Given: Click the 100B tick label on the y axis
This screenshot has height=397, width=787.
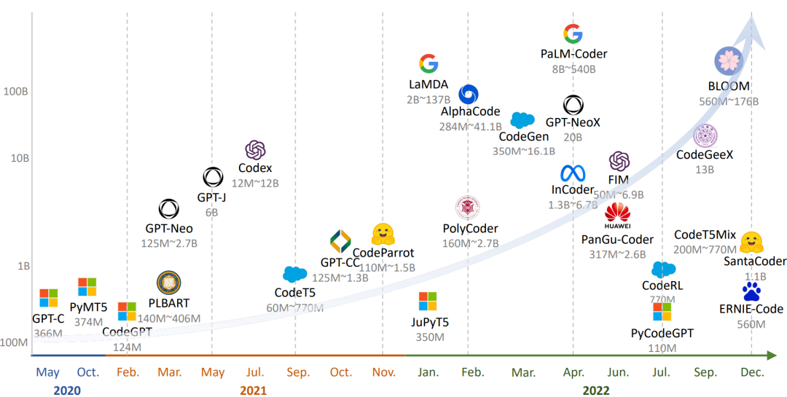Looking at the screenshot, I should [16, 92].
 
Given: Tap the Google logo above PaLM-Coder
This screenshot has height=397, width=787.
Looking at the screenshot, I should [573, 34].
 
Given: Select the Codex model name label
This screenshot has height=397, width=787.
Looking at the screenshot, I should [255, 168].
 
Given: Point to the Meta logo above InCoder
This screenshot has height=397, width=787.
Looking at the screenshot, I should [573, 173].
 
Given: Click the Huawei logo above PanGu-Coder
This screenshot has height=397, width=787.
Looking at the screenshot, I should [617, 213].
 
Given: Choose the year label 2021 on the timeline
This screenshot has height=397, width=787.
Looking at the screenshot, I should [253, 390].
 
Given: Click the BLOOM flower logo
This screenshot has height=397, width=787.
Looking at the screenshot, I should [728, 60].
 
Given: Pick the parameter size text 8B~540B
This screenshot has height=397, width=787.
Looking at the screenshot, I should [573, 69].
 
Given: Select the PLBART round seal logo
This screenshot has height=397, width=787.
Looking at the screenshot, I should [168, 283].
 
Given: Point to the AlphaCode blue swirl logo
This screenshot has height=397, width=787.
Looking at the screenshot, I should [469, 94].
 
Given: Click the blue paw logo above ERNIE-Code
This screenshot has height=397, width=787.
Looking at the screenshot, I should [751, 292].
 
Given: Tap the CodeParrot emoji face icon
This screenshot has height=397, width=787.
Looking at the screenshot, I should [383, 235].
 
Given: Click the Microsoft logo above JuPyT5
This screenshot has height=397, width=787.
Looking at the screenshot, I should [427, 302].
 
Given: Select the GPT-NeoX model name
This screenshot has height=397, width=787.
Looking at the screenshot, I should [573, 122].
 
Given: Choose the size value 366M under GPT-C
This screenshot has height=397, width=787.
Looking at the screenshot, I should [48, 334].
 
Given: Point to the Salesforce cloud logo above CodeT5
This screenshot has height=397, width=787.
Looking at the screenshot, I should [294, 275].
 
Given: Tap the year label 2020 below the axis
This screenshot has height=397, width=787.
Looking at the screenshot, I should [67, 390].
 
